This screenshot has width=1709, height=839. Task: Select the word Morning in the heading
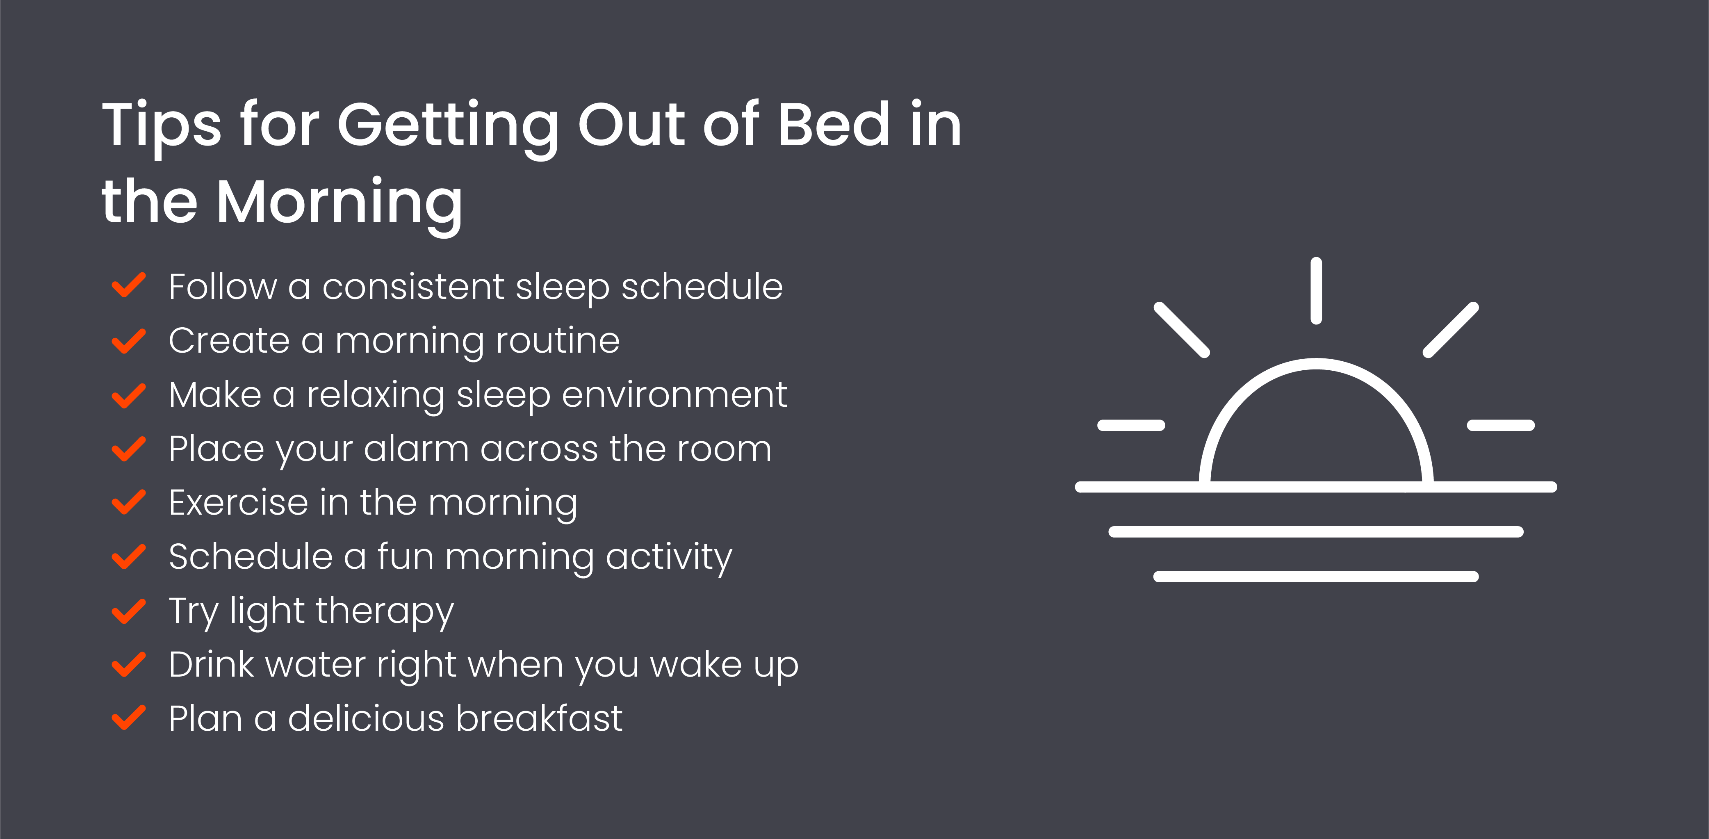[x=339, y=202]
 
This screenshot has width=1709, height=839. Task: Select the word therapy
[x=385, y=611]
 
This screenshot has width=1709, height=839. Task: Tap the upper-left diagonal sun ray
[x=1182, y=330]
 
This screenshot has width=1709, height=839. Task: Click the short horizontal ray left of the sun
[x=1131, y=425]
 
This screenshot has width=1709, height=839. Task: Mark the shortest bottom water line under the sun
[x=1316, y=577]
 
